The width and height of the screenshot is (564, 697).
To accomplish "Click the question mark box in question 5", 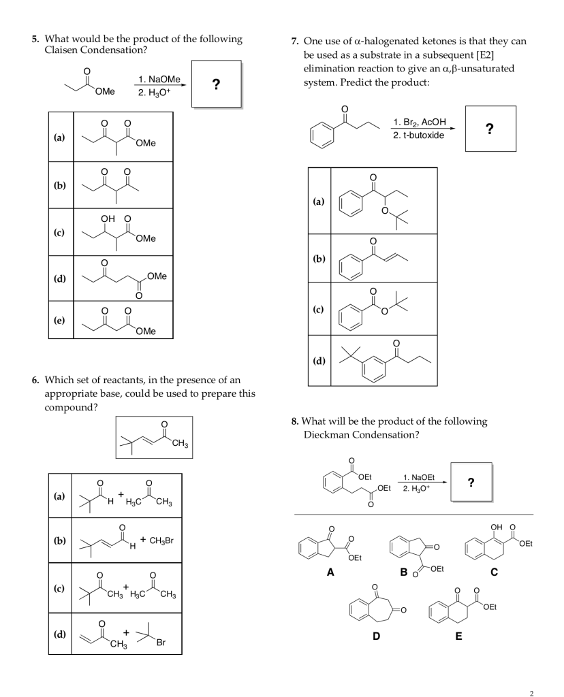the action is pos(216,84).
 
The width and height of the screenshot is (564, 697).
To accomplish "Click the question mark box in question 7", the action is pos(490,129).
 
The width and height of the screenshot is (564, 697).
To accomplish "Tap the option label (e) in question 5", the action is pos(59,320).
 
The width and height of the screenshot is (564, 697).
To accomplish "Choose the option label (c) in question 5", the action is pos(59,232).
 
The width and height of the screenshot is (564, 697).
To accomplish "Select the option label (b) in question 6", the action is pos(61,540).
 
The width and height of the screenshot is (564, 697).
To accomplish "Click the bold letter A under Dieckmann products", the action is pos(330,572).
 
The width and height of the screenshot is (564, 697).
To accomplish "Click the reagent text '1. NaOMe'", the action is pos(159,80).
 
